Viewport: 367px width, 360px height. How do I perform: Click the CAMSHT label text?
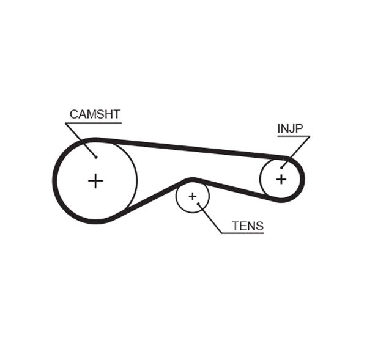(x=95, y=114)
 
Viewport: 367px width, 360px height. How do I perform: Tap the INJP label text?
(x=290, y=128)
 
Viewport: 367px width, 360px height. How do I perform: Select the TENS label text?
(x=247, y=226)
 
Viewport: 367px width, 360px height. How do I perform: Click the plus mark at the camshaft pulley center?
(x=95, y=181)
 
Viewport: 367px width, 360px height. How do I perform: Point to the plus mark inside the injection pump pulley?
(x=281, y=179)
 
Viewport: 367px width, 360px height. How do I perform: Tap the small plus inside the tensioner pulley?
(x=192, y=196)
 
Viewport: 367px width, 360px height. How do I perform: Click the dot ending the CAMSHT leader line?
(x=96, y=156)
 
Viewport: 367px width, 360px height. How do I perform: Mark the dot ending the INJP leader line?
(x=282, y=167)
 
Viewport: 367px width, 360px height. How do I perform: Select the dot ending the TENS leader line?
(x=199, y=204)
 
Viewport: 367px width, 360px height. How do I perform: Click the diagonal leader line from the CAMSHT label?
(x=81, y=140)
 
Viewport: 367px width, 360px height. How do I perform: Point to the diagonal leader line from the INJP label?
(x=296, y=151)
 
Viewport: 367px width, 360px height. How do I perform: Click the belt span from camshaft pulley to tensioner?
(x=153, y=198)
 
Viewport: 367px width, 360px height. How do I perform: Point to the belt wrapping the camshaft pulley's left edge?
(x=55, y=181)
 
